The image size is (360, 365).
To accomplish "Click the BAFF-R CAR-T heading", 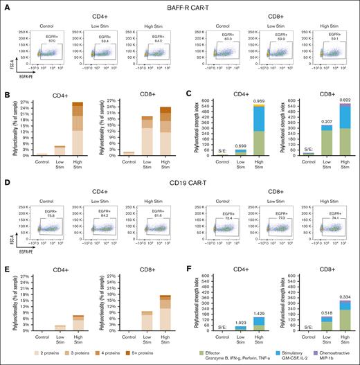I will (x=180, y=6).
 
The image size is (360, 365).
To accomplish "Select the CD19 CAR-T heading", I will (x=180, y=183).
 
